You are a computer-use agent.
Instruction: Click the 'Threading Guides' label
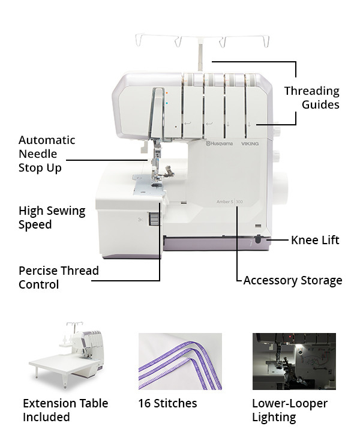click(311, 98)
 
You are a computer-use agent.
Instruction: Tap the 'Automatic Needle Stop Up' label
click(47, 154)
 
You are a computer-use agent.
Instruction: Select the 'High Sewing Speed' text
click(52, 218)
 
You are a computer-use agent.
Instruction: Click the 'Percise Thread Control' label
click(58, 277)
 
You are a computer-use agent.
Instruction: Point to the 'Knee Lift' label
click(315, 240)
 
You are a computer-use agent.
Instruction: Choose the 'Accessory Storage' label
click(293, 280)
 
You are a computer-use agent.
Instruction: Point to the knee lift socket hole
click(258, 239)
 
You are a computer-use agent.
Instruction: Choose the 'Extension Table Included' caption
click(65, 410)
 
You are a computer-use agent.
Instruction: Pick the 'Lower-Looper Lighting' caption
click(290, 410)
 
